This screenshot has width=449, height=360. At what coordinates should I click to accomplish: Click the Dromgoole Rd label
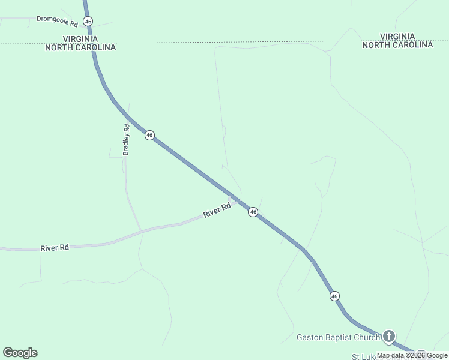click(58, 20)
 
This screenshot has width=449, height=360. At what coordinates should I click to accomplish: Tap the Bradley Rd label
click(126, 140)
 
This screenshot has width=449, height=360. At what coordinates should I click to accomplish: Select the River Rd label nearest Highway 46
click(217, 211)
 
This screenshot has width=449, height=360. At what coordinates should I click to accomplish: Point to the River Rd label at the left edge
click(55, 247)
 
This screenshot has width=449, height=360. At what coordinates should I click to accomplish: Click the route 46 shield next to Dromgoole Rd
click(88, 21)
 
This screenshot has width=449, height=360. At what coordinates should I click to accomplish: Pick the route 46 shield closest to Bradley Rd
click(149, 136)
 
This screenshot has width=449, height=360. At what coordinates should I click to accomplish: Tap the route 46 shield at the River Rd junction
click(253, 212)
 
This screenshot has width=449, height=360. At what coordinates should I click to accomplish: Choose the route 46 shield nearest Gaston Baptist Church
click(334, 296)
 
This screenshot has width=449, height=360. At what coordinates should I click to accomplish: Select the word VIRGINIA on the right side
click(397, 36)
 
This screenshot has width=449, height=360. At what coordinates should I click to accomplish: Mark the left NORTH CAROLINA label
click(80, 47)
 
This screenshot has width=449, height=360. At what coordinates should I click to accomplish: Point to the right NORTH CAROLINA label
click(397, 45)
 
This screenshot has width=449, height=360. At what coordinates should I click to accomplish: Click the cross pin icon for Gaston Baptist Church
click(389, 336)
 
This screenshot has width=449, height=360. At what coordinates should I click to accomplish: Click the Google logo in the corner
click(20, 353)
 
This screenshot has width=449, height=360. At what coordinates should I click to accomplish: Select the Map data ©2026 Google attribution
click(412, 355)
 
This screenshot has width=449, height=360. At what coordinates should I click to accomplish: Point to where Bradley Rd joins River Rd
click(141, 230)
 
